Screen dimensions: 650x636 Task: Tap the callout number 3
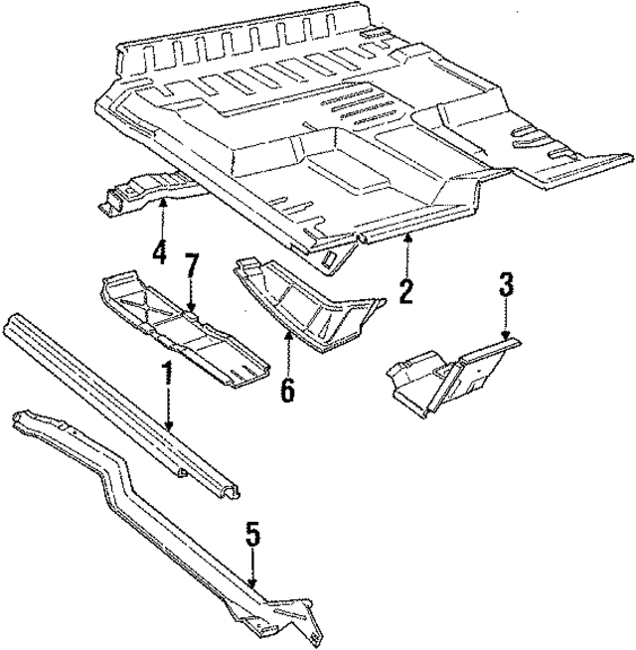506,287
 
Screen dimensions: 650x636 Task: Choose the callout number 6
288,389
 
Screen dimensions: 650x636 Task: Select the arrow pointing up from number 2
407,252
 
